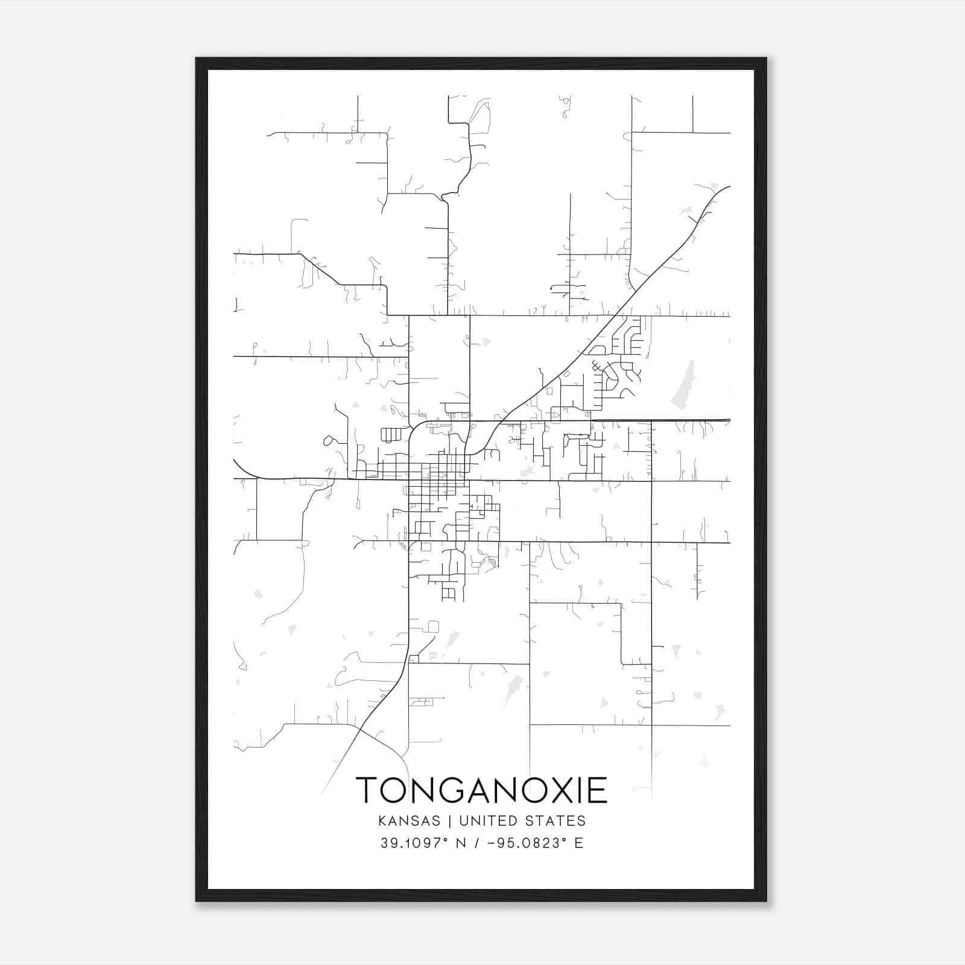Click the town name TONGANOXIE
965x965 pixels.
(x=481, y=790)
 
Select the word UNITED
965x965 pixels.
(x=497, y=821)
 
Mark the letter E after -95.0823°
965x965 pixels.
(x=579, y=843)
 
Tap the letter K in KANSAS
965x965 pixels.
(x=382, y=821)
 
